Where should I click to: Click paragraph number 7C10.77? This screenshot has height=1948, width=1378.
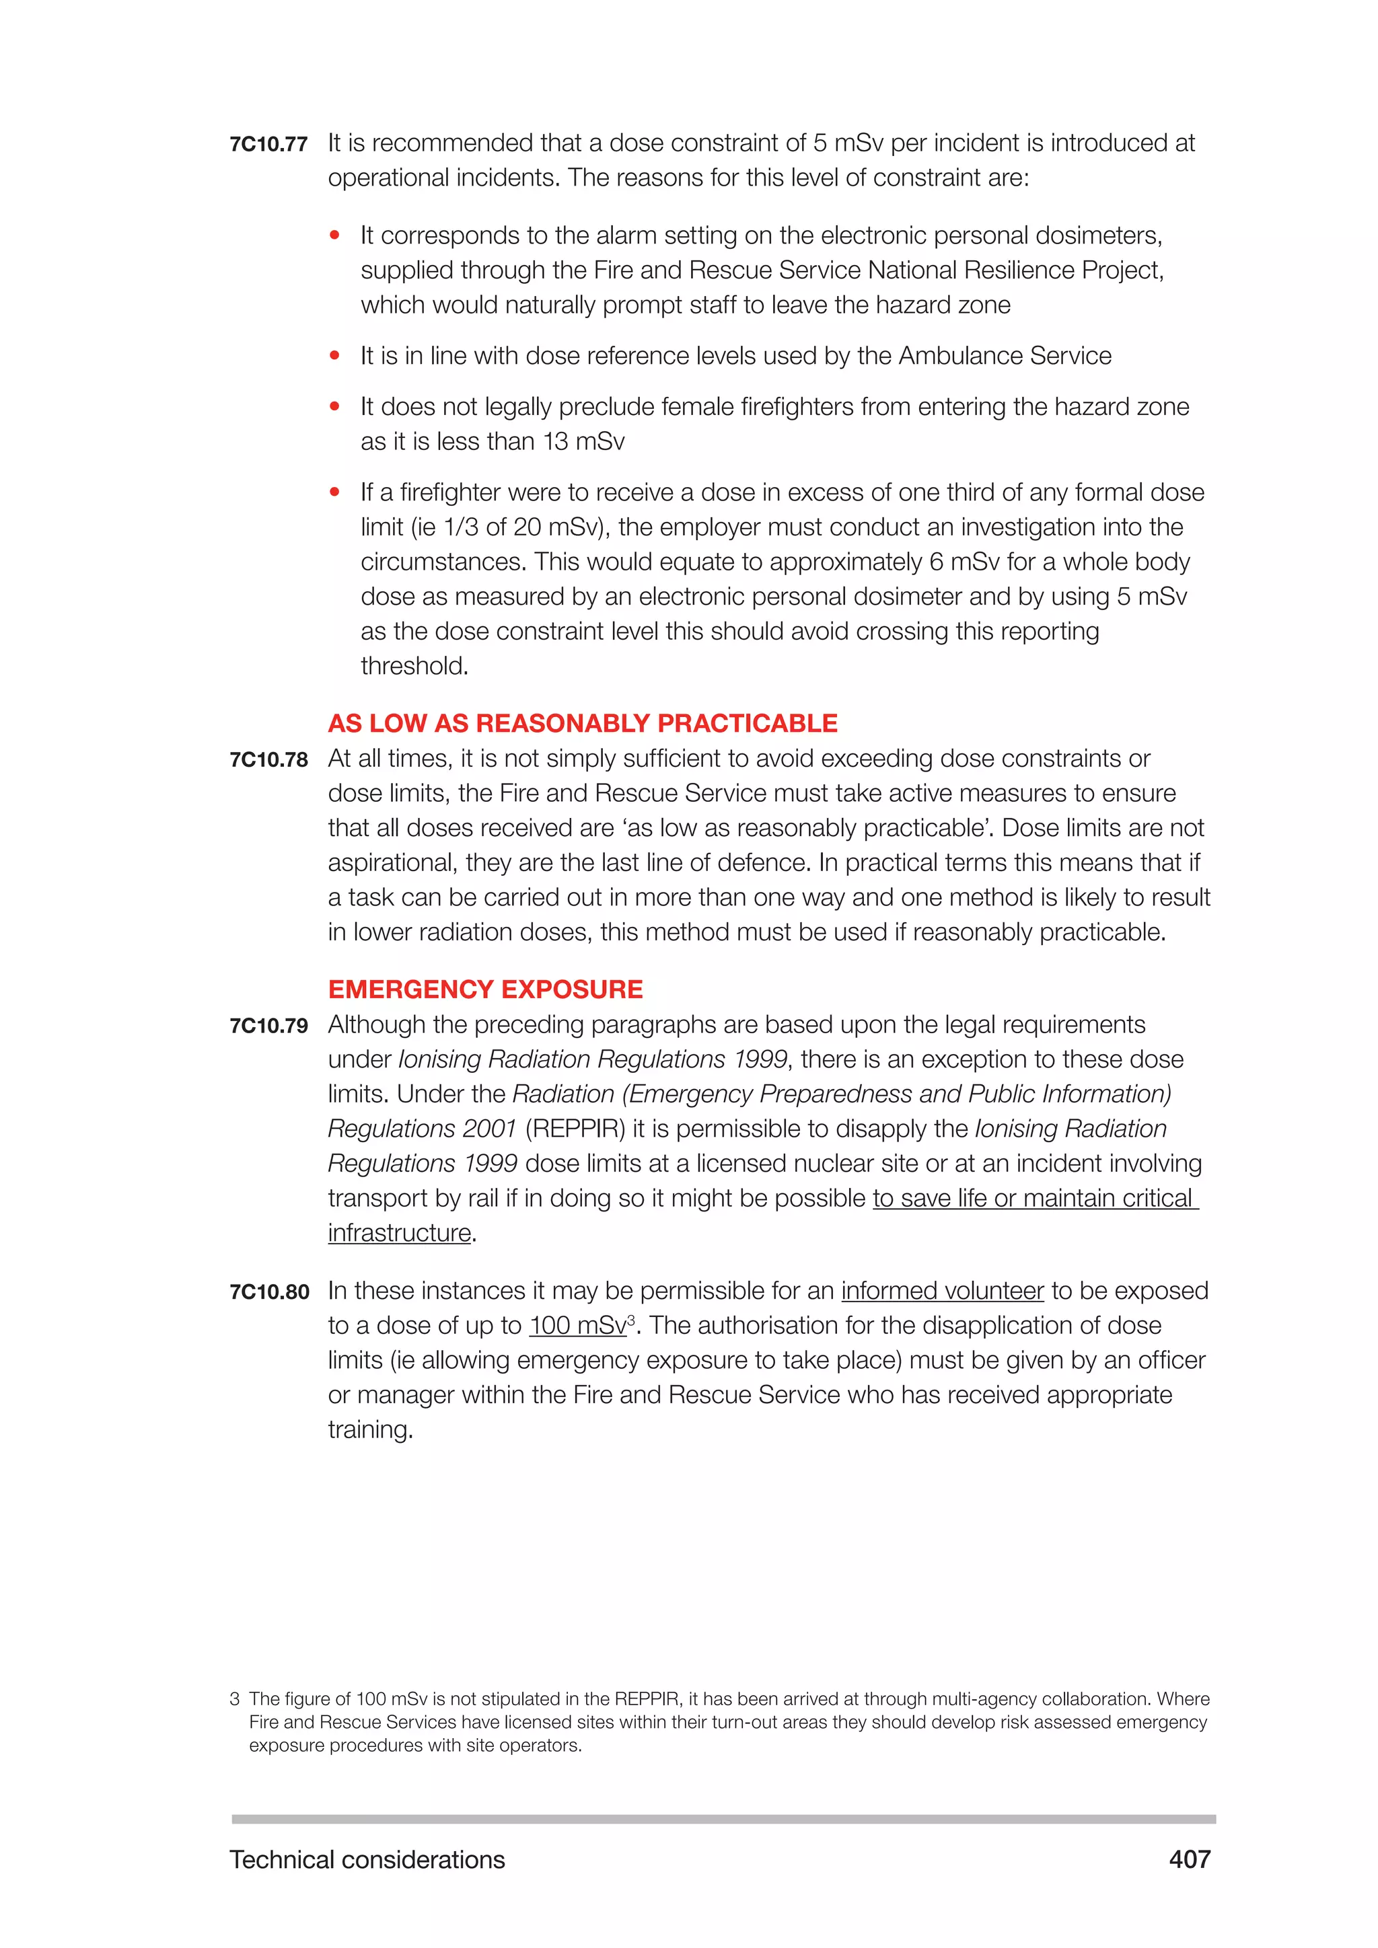(x=268, y=144)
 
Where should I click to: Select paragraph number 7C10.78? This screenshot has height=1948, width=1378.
(x=268, y=759)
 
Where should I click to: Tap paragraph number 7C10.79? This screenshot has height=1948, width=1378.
(x=268, y=1026)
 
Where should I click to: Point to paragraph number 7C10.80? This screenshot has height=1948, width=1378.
(x=269, y=1292)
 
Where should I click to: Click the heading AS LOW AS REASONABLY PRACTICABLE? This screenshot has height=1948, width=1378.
(x=582, y=723)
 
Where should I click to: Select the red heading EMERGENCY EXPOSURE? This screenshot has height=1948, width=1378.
(x=485, y=989)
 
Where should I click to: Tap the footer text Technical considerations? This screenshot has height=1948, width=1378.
(x=367, y=1860)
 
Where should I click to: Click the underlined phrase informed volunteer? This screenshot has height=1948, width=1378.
(x=942, y=1291)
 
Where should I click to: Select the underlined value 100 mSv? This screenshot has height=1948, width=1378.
(x=577, y=1326)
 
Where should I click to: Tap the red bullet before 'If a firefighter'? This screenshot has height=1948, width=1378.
(x=335, y=492)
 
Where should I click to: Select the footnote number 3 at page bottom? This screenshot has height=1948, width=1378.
(x=234, y=1699)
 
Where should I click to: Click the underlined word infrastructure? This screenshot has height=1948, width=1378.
(x=399, y=1234)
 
